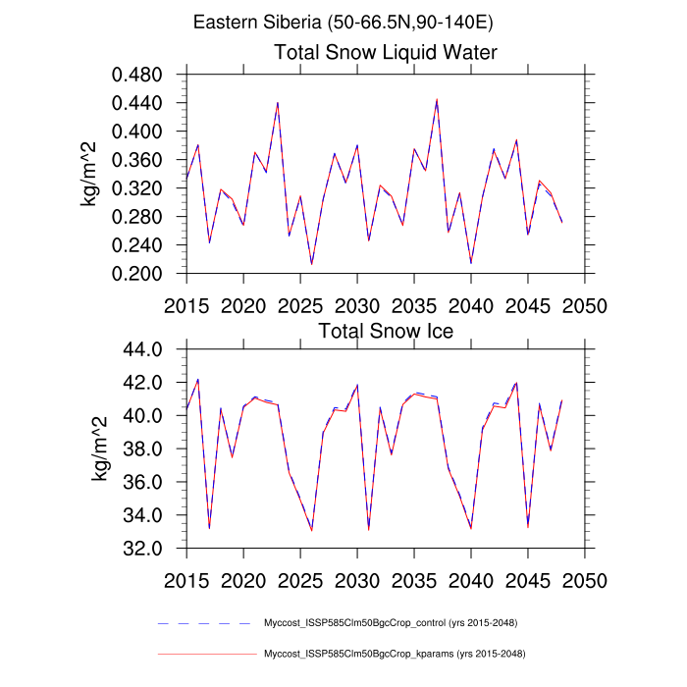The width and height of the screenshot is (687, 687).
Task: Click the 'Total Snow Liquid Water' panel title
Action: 386,52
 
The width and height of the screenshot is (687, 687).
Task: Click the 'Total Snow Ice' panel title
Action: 386,331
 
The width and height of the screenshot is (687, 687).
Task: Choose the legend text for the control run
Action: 391,623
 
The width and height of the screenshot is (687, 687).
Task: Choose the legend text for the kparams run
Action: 391,654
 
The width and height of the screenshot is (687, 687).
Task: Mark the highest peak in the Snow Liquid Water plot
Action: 437,99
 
